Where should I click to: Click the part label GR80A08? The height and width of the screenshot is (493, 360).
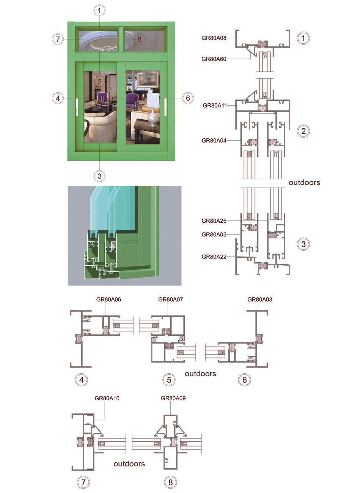(x=214, y=38)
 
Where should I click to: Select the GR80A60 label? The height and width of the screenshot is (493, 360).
(x=214, y=59)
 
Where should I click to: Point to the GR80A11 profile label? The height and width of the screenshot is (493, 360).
(x=215, y=105)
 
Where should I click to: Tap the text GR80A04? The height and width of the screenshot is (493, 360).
(x=214, y=140)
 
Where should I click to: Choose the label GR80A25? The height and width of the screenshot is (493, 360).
(x=214, y=221)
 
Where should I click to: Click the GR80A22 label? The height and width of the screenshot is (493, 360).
(x=214, y=257)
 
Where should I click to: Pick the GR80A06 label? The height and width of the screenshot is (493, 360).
(x=108, y=299)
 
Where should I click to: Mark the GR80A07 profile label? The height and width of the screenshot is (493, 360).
(x=170, y=299)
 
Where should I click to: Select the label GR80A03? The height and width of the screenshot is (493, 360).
(x=259, y=299)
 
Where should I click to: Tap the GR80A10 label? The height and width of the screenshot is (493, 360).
(x=107, y=398)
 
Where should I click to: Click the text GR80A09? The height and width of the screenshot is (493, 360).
(x=173, y=398)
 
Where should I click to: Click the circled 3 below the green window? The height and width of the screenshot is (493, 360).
(x=99, y=176)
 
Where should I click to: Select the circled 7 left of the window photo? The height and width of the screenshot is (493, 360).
(x=58, y=39)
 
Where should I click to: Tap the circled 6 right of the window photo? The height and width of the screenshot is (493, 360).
(x=188, y=98)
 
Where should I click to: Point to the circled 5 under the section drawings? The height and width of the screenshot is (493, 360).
(x=169, y=380)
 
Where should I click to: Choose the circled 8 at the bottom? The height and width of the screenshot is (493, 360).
(x=170, y=482)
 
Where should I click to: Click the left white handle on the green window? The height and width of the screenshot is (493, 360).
(x=77, y=107)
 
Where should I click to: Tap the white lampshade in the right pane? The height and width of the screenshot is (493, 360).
(x=152, y=100)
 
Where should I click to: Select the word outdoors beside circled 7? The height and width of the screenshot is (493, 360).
(x=129, y=464)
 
